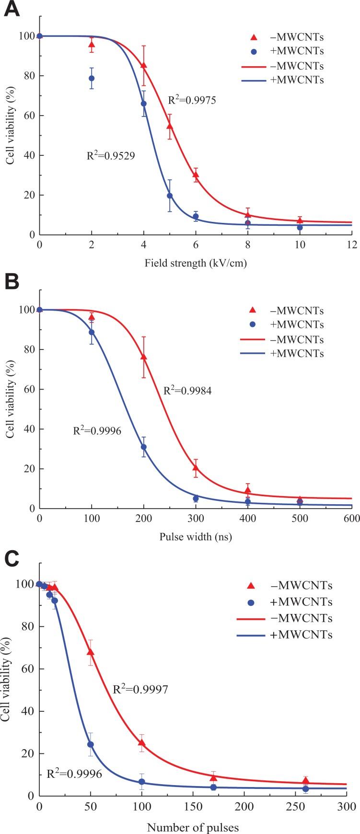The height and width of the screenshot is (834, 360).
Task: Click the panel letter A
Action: click(12, 10)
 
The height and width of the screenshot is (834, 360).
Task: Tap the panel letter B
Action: click(12, 282)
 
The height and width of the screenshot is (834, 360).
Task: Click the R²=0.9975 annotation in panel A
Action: click(192, 101)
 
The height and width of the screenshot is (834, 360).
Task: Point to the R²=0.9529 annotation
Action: click(110, 155)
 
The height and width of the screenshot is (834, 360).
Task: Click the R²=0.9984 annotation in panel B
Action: click(187, 391)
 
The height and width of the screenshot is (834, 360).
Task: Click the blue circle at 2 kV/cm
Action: click(92, 78)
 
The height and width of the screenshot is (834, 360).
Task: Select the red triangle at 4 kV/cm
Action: click(144, 65)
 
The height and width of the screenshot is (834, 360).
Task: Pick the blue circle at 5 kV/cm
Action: click(170, 196)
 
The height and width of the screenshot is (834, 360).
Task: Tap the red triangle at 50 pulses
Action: click(90, 652)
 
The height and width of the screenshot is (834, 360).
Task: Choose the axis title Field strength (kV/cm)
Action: click(195, 263)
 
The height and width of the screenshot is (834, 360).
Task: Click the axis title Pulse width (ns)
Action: click(195, 536)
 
